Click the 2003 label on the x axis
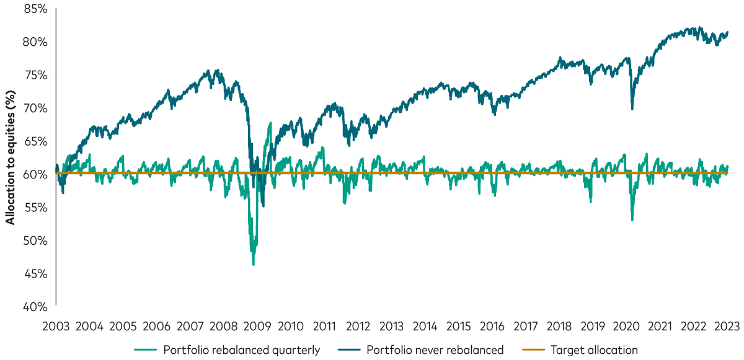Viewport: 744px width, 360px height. [x=56, y=326]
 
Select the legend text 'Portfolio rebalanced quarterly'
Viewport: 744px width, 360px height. [x=241, y=350]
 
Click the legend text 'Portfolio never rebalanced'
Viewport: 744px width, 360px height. [x=435, y=350]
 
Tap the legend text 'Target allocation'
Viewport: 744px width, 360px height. [x=594, y=350]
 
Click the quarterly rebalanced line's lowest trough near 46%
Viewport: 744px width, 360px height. [x=253, y=265]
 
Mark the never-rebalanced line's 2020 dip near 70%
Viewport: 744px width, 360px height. [x=632, y=109]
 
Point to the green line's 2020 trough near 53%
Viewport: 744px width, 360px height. [x=632, y=220]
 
